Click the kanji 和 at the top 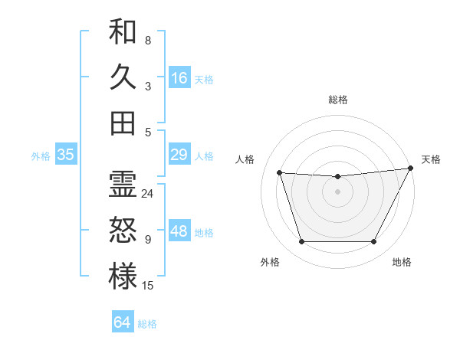[x=123, y=32]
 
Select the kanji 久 [x=123, y=77]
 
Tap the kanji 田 [x=123, y=123]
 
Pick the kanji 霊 [x=123, y=185]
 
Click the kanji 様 [x=123, y=276]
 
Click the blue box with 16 [x=179, y=78]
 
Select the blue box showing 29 [x=179, y=155]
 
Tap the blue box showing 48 [x=179, y=232]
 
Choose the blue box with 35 [x=66, y=155]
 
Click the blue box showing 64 [x=123, y=322]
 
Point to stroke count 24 [x=148, y=194]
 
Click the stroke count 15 [x=148, y=286]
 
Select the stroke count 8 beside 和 [x=148, y=41]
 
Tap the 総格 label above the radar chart [x=337, y=100]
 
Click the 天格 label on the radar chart [x=431, y=159]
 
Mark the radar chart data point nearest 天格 [x=411, y=168]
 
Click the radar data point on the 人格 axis [x=279, y=173]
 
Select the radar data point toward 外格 [x=301, y=242]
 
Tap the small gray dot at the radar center [x=337, y=191]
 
